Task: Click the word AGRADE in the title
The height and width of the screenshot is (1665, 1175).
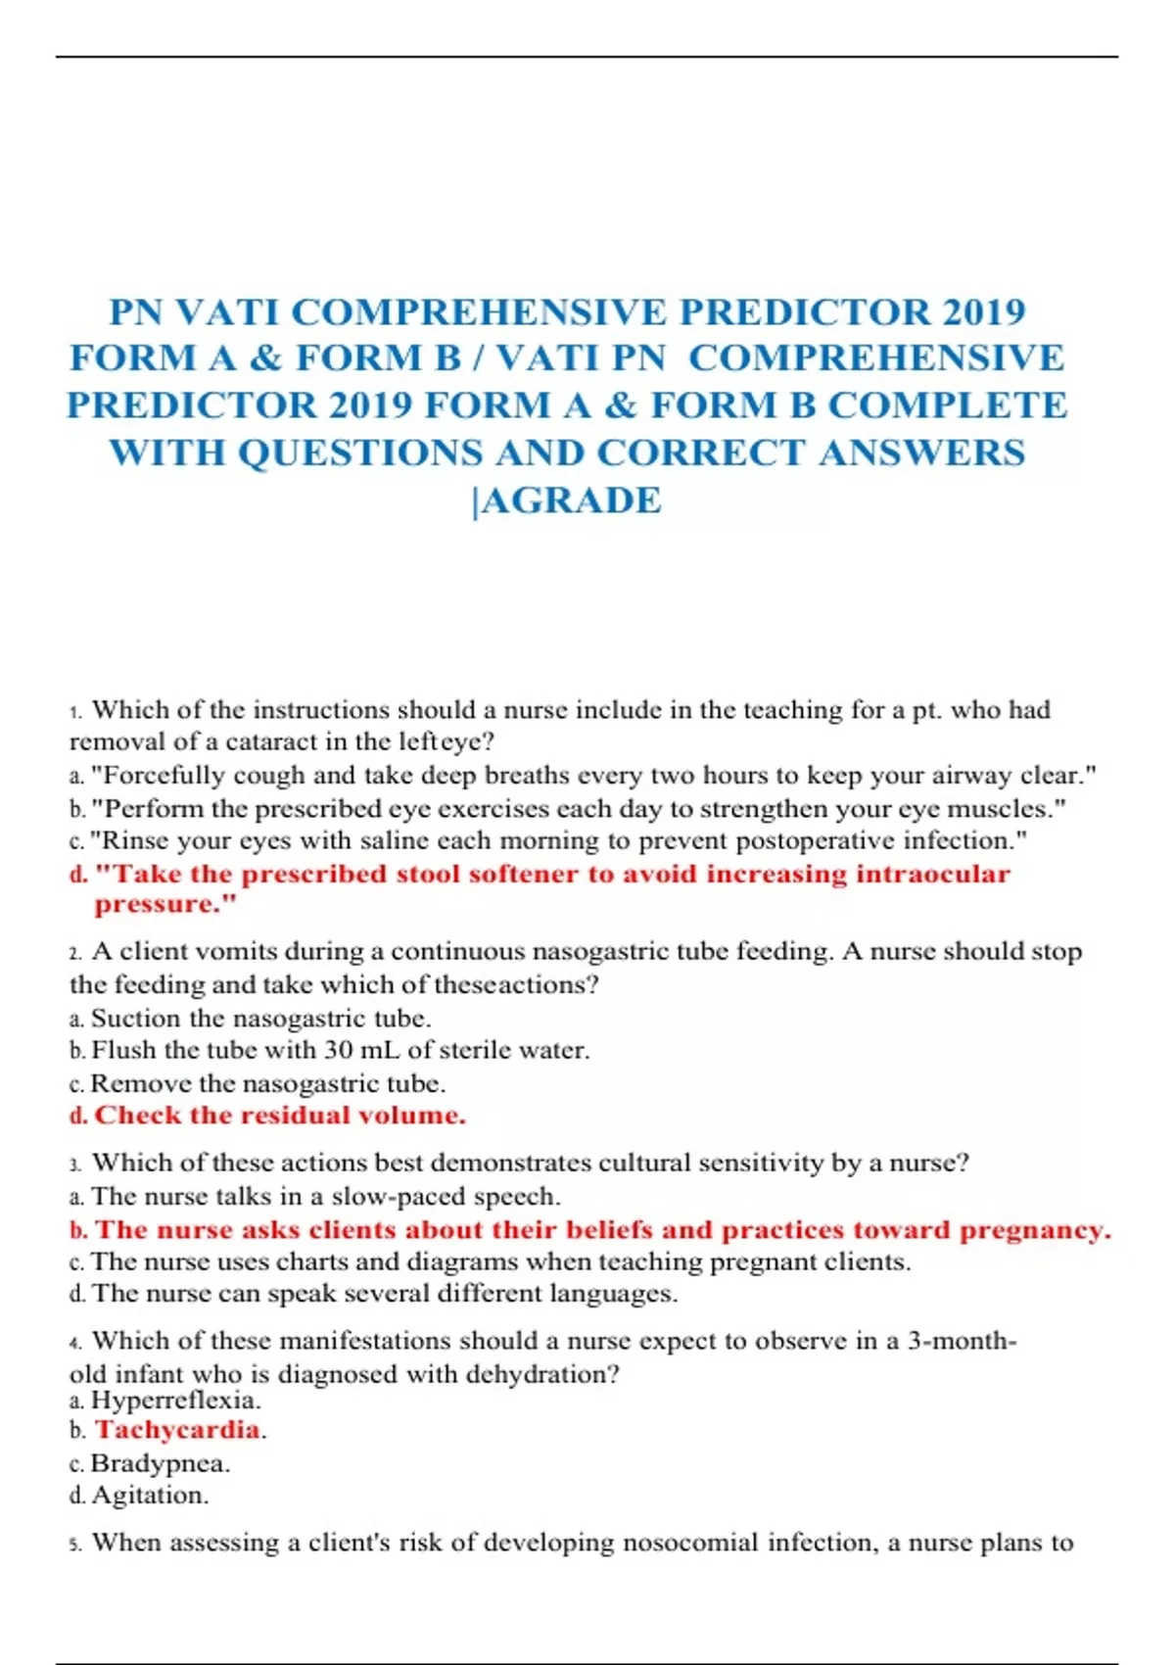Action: [x=572, y=499]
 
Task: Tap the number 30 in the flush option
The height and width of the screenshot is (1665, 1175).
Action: [x=338, y=1050]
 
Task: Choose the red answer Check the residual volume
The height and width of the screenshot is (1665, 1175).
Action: [x=279, y=1116]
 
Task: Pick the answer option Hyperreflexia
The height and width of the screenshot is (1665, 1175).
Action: [x=175, y=1400]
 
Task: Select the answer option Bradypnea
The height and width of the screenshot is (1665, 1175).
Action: [x=160, y=1463]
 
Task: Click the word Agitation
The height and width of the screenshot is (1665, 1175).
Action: [x=150, y=1496]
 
